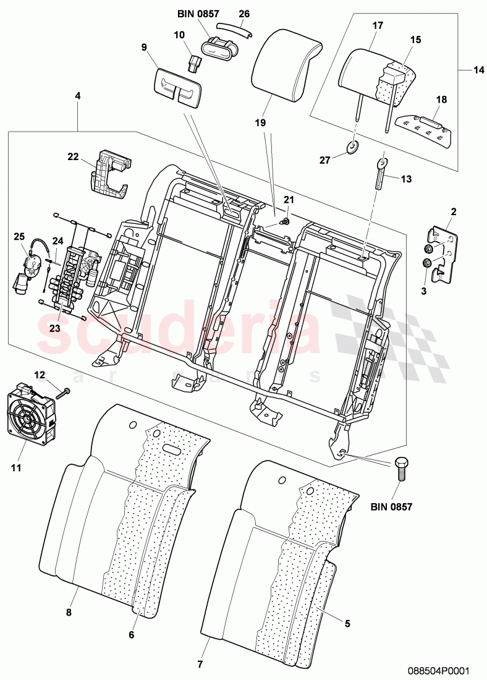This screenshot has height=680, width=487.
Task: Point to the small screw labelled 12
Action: click(x=63, y=392)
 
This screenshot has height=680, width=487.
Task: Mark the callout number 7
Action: click(x=200, y=665)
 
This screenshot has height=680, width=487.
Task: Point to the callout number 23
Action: click(x=54, y=328)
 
